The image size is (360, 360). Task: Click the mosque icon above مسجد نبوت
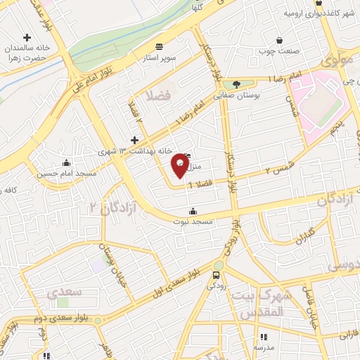click(193, 210)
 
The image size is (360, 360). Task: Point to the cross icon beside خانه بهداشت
click(134, 141)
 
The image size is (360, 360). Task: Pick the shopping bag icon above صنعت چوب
click(280, 41)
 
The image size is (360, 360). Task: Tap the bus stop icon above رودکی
click(217, 275)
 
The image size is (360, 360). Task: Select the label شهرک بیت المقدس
click(259, 303)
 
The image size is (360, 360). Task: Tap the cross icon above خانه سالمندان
click(27, 37)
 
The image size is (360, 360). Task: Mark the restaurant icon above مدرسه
click(264, 337)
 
